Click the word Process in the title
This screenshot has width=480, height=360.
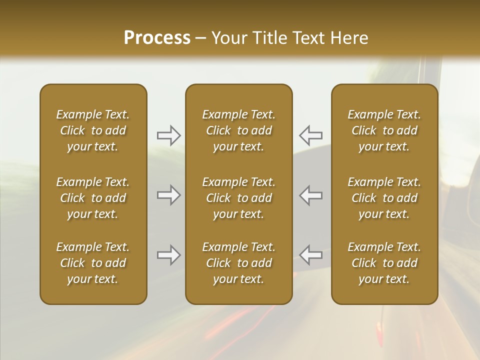click(x=157, y=37)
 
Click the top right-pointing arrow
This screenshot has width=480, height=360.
click(x=168, y=134)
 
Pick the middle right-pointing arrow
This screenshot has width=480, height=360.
click(x=168, y=195)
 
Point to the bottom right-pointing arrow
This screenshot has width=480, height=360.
click(x=168, y=255)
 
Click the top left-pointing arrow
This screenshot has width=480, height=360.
click(x=310, y=134)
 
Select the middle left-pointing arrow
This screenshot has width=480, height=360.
click(x=310, y=195)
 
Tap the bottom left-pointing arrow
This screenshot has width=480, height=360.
click(x=310, y=255)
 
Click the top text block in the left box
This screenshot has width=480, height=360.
click(x=93, y=130)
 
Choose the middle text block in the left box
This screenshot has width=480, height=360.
click(x=93, y=198)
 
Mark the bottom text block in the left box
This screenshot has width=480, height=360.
click(x=93, y=263)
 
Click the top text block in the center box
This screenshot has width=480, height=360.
click(x=238, y=130)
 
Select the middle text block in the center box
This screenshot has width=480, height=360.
click(x=238, y=198)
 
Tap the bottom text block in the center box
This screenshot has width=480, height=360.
click(x=238, y=263)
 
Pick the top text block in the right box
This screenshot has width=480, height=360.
click(x=384, y=130)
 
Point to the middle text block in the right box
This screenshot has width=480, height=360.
click(x=384, y=198)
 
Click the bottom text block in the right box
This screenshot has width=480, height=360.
click(x=384, y=263)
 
